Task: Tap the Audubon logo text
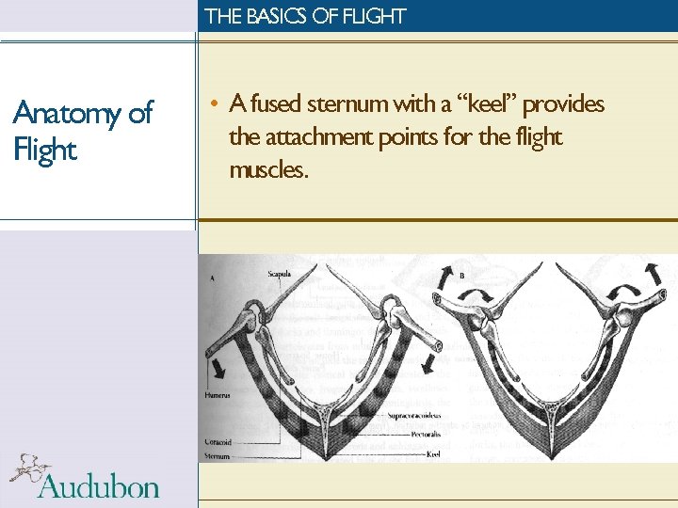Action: click(98, 485)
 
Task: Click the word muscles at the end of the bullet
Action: click(267, 170)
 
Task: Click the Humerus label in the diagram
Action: click(216, 396)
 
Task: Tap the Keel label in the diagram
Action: click(432, 452)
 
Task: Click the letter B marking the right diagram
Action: click(461, 276)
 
